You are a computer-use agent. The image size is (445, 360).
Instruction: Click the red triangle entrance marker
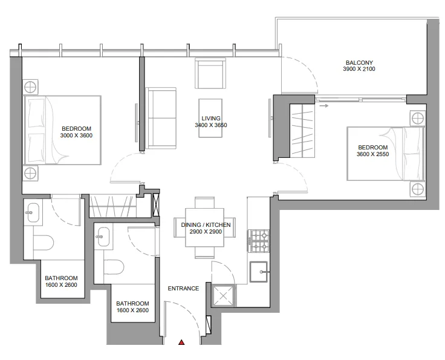coord(181,342)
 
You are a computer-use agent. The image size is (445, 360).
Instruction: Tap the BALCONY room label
coord(359,62)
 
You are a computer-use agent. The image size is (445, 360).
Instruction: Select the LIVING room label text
coord(211,119)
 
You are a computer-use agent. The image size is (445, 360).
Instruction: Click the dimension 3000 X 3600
coord(76,136)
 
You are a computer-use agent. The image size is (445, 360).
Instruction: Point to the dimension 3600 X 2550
coord(372,154)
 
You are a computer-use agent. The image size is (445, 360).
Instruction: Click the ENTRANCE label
coord(183,289)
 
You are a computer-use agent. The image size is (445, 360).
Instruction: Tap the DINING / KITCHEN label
coord(206,225)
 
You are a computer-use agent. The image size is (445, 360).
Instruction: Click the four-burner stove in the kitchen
coord(258,241)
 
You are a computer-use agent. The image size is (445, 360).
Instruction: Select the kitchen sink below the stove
coord(259,272)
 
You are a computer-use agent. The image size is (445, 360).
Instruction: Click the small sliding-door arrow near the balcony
coord(324,106)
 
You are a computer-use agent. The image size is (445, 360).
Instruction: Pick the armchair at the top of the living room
coord(210,73)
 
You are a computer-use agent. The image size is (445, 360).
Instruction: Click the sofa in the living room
coord(161,118)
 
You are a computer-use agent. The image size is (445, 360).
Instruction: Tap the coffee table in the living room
coord(210,118)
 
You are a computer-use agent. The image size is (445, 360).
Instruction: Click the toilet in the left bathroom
coord(44,243)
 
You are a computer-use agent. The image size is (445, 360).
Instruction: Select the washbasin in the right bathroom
coord(103,237)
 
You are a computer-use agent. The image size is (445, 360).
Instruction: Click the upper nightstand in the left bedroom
coord(30,87)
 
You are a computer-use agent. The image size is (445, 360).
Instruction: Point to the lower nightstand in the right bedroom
coord(417,189)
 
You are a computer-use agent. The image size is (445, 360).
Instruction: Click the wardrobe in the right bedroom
coord(302,131)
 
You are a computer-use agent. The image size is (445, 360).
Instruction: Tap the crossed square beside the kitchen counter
coord(223,295)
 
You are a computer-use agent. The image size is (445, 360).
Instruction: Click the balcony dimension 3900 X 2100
coord(359,69)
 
